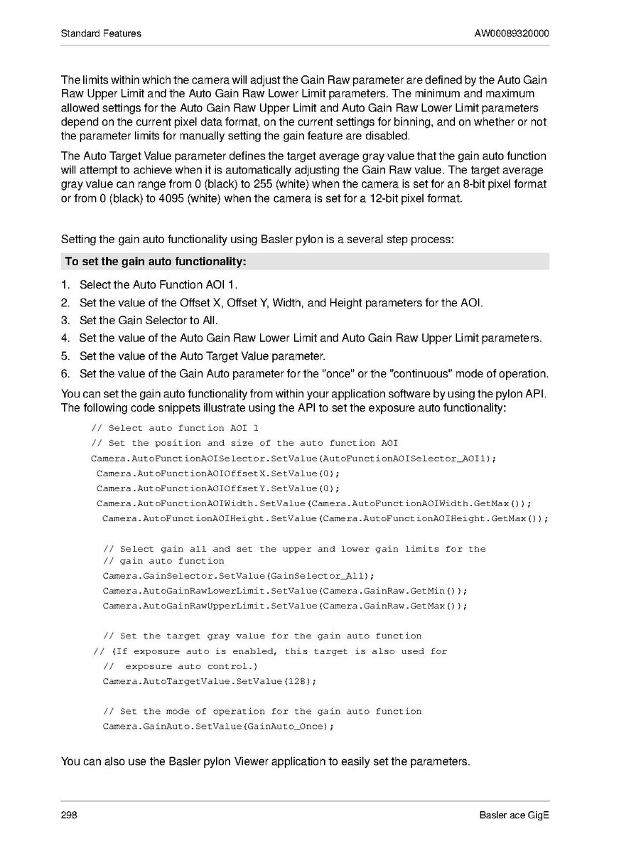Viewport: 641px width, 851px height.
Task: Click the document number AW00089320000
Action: click(x=512, y=33)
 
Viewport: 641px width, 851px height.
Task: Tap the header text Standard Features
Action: click(x=101, y=33)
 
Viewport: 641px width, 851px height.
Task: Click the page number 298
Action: click(x=69, y=815)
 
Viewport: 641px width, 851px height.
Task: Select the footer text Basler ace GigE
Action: click(x=514, y=815)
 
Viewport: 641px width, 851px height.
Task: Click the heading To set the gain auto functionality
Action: click(x=156, y=262)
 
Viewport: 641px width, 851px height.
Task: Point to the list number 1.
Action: click(x=65, y=284)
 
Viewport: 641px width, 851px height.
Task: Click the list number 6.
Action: click(x=65, y=374)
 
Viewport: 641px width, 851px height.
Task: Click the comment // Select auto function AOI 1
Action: click(x=175, y=428)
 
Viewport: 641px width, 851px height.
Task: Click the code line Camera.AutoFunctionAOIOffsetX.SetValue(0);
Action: click(x=218, y=473)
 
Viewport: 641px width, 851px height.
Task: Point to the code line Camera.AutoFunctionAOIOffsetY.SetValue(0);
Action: click(x=218, y=488)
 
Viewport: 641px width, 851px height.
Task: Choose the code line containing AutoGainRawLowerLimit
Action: click(x=285, y=591)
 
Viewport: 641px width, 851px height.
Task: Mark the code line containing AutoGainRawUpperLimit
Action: click(x=285, y=606)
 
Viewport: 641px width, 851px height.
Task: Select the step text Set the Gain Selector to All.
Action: click(x=149, y=321)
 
